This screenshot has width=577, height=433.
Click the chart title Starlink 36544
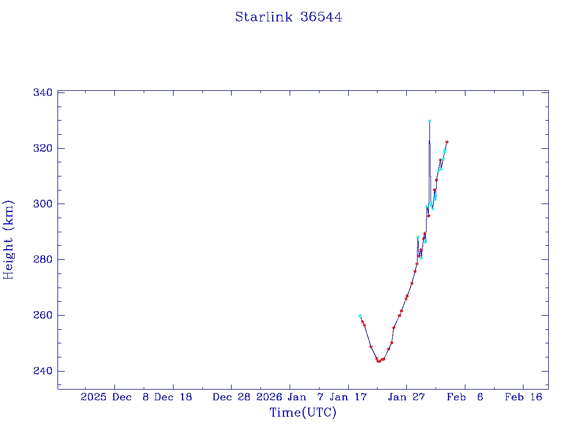pos(288,17)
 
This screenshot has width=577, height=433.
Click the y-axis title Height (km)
pos(8,239)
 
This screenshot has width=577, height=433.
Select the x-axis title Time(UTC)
pos(303,413)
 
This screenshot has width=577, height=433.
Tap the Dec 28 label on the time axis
pos(231,397)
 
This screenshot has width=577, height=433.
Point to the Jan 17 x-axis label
pos(347,397)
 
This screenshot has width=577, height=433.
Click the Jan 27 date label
pos(406,397)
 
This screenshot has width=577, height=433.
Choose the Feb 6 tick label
pos(465,397)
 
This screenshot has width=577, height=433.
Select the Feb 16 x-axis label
pos(523,397)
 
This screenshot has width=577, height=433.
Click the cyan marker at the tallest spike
pos(429,121)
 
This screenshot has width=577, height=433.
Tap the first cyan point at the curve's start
pos(359,316)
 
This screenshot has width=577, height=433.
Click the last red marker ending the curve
pos(447,142)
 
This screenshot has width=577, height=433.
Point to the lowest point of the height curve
pos(379,361)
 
